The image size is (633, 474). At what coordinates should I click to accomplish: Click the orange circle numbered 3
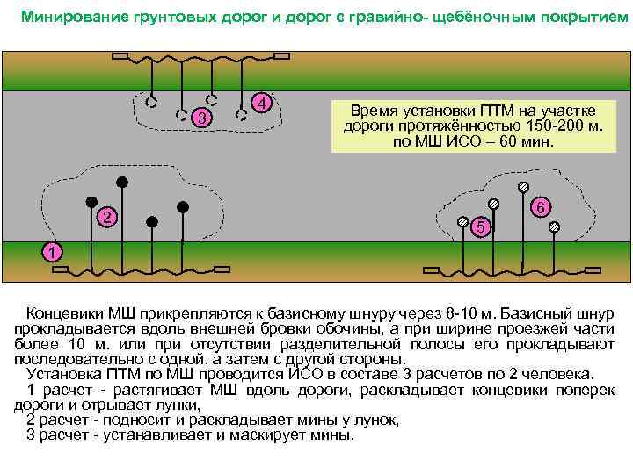click(x=202, y=118)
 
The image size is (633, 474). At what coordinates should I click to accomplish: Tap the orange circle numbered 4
click(x=261, y=103)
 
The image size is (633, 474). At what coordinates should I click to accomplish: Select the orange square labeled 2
click(x=105, y=217)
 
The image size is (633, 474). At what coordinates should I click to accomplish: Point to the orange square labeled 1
click(x=53, y=253)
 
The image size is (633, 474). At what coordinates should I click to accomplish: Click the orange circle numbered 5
click(x=480, y=227)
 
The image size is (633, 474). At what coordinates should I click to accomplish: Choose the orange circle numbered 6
click(x=542, y=207)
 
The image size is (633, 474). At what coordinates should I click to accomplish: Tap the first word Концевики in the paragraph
click(x=65, y=313)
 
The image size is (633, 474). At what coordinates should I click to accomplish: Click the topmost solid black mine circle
click(x=123, y=182)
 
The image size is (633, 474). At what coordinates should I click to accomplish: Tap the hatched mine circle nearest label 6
click(x=523, y=186)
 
